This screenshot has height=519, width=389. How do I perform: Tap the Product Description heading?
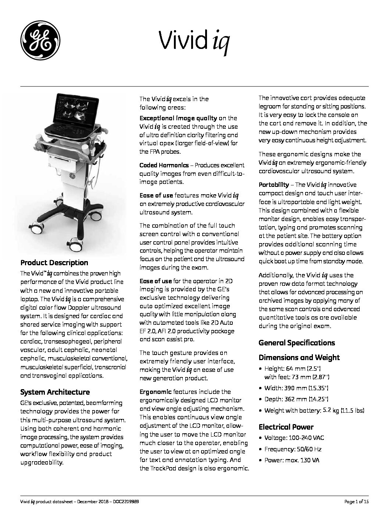tap(54, 263)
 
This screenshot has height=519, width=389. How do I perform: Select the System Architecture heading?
tap(55, 392)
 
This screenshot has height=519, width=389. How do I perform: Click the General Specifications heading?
tap(296, 343)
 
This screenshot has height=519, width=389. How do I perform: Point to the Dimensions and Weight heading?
tap(299, 358)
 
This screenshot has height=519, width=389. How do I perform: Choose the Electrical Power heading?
tap(286, 427)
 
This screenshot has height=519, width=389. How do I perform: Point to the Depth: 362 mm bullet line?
tap(296, 399)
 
